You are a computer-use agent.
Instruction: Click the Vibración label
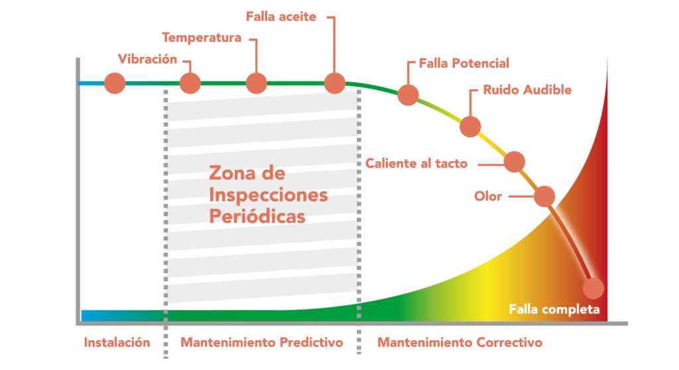pos(147,60)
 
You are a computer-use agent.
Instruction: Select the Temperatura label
pos(202,37)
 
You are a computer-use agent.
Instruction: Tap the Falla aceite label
pos(281,17)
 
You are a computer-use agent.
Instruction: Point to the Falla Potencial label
pos(463,64)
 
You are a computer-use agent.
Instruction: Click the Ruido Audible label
pos(527,90)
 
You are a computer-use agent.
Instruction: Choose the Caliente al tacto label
pos(416,163)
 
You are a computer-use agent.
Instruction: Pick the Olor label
pos(488,196)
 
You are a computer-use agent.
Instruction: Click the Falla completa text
pos(554,310)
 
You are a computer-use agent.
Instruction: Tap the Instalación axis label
pos(117,343)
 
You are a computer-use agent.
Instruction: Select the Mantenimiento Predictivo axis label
pos(262,343)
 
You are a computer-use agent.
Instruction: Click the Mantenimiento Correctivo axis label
pos(460,343)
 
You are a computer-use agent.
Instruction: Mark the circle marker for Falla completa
pos(593,288)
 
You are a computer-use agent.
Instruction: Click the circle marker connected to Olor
pos(544,196)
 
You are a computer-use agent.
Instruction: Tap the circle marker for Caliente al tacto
pos(515,161)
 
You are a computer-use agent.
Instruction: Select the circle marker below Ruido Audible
pos(470,126)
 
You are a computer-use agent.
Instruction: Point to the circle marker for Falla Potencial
pos(408,95)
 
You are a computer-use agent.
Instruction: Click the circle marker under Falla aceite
pos(335,83)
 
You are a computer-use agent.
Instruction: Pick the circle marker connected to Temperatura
pos(257,84)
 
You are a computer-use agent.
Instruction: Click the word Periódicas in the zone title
pos(257,217)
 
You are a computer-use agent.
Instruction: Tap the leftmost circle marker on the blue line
pos(115,84)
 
